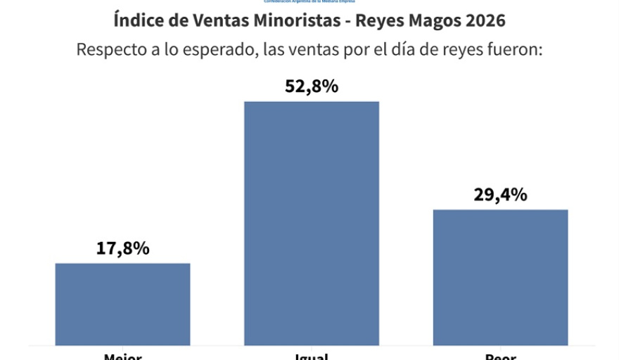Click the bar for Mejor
click(122, 304)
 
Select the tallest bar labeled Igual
click(311, 223)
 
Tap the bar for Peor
click(500, 277)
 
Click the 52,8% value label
click(311, 86)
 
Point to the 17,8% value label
click(122, 248)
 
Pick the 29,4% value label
click(500, 195)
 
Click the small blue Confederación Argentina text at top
click(309, 2)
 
